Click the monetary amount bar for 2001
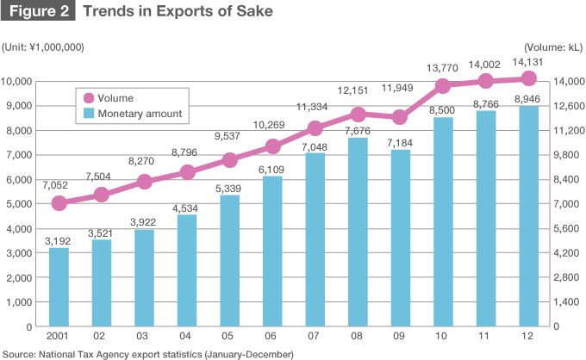(59, 287)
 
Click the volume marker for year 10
(443, 86)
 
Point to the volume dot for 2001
(59, 203)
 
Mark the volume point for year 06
(272, 146)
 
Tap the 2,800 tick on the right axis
(562, 277)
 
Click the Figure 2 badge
(38, 12)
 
